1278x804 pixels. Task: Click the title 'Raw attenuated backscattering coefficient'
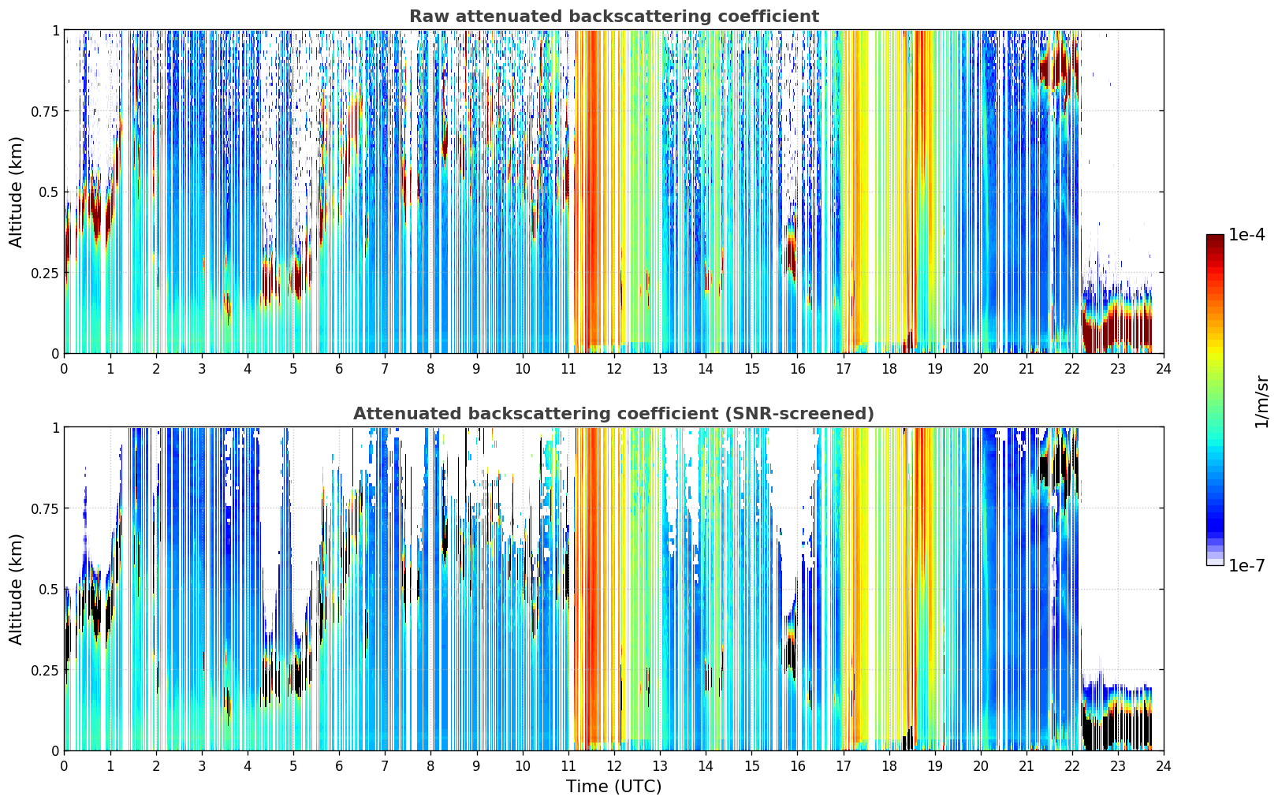(x=614, y=16)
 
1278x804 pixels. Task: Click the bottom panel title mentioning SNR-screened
(x=614, y=413)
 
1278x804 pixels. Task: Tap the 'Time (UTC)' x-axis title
(x=614, y=787)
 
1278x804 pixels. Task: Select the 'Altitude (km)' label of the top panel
(x=16, y=192)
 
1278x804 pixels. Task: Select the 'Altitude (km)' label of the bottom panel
(x=16, y=590)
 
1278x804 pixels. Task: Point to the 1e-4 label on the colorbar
(x=1246, y=234)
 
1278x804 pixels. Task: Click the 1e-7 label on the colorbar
(x=1246, y=565)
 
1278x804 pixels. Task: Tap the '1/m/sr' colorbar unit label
(x=1261, y=401)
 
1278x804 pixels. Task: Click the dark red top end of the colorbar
(x=1215, y=238)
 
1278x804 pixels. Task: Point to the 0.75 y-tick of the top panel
(x=44, y=111)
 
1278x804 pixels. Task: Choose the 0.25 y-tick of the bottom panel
(x=44, y=671)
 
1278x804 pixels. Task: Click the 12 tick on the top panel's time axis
(x=614, y=369)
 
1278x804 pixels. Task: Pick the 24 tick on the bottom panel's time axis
(x=1164, y=766)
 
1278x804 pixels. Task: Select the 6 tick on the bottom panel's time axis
(x=339, y=766)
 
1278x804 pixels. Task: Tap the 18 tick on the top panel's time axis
(x=889, y=369)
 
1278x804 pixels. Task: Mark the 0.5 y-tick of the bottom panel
(x=48, y=590)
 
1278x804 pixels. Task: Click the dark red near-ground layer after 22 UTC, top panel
(x=1118, y=331)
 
